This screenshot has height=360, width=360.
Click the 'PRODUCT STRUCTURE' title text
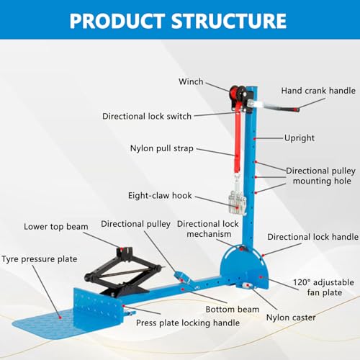coord(178,21)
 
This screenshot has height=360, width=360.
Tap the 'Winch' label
coord(191,81)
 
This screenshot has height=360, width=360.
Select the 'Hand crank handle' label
coord(318,91)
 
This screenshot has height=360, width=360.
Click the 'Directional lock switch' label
coord(147,116)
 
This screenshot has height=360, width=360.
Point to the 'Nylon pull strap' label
coord(162,148)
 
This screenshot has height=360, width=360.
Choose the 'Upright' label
coord(300,138)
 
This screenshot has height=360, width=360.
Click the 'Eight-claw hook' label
coord(160,196)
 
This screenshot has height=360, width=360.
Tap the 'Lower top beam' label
coord(56,227)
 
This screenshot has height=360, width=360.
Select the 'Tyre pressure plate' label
coord(40,259)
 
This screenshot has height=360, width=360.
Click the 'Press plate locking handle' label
coord(188,323)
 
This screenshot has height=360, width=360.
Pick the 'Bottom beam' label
coord(233,310)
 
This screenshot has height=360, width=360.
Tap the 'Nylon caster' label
coord(291,318)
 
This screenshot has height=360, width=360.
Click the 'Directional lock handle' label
coord(313,237)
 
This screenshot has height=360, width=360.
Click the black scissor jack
coord(122,274)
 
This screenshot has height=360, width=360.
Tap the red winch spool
coord(233,92)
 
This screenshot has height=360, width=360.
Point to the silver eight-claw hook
coord(237,202)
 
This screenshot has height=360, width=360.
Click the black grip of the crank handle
coord(293,109)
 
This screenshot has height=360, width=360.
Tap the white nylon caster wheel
coord(246,286)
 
